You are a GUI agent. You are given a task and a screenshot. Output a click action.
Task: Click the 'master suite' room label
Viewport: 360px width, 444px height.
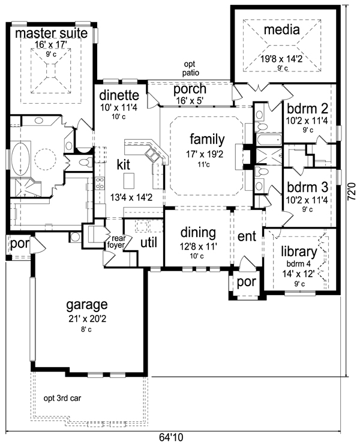tap(51, 34)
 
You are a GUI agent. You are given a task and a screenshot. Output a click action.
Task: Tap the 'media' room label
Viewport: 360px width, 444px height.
tap(281, 29)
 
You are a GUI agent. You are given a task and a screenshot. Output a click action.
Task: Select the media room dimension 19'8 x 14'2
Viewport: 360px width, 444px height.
tap(281, 59)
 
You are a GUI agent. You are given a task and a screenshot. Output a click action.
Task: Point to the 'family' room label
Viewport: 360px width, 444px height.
tap(207, 140)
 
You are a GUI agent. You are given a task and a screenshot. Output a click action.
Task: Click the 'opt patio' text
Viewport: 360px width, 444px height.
tap(190, 68)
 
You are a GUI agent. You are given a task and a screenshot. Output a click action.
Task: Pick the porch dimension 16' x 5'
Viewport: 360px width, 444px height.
tap(190, 101)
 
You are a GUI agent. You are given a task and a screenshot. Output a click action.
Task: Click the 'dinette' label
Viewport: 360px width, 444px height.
tap(119, 95)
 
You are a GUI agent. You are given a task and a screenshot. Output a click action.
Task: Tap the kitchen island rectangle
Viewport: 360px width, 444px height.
tap(129, 181)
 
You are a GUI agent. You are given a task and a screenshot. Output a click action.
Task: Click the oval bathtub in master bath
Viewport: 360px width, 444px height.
tap(20, 160)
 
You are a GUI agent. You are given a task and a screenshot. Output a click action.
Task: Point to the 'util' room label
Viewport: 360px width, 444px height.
tap(149, 242)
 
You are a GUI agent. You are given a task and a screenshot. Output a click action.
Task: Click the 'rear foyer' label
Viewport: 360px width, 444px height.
tap(116, 242)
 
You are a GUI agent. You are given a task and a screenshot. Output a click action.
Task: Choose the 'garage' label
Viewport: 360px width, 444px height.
tap(86, 305)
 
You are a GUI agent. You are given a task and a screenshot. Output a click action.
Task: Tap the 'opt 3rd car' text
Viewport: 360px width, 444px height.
tap(62, 398)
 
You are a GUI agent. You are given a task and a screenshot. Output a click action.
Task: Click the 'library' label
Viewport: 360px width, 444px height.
tap(299, 251)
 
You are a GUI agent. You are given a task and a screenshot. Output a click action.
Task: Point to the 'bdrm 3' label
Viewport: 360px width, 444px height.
tap(307, 187)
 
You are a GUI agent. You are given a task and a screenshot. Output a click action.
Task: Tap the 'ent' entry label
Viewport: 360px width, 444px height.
tap(247, 236)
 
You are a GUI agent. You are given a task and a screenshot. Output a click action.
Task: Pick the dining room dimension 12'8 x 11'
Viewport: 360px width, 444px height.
tap(198, 247)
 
